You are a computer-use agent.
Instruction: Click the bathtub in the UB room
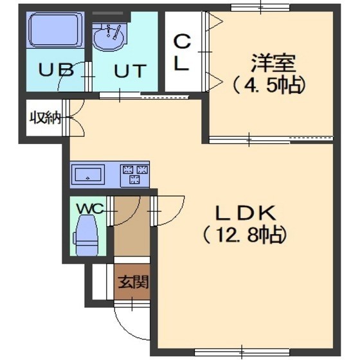coord(55,30)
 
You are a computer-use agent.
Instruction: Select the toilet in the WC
coord(85,235)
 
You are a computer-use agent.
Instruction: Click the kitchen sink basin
coord(88,174)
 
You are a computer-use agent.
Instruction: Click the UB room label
coord(57,69)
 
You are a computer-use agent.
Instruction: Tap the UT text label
coord(130,71)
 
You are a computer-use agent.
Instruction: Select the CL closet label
coord(181,52)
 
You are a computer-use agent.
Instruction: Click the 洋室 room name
coord(273,63)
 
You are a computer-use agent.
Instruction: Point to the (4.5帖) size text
coord(269,85)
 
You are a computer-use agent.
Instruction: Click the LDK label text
coord(245,213)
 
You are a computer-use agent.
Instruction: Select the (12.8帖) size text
coord(245,235)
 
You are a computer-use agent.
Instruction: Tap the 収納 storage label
coord(46,118)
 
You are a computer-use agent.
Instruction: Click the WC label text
coord(90,209)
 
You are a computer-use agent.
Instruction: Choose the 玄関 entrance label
coord(133,282)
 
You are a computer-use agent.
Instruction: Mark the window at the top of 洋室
coord(260,8)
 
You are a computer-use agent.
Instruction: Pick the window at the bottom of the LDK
coord(242,352)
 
